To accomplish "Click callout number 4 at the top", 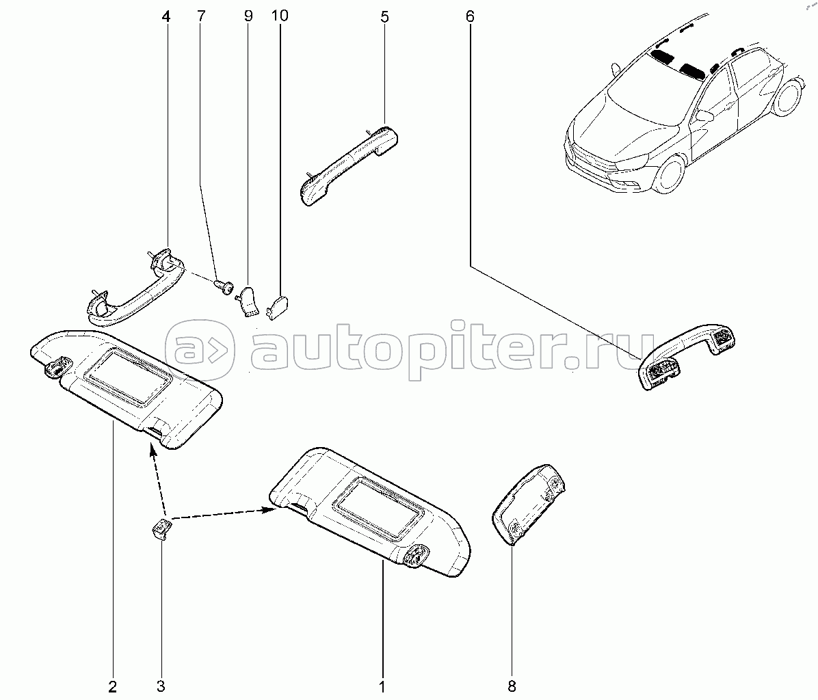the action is pyautogui.click(x=166, y=16).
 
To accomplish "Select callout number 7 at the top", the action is pyautogui.click(x=201, y=16).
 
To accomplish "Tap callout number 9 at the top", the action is pyautogui.click(x=248, y=16).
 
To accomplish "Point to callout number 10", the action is pyautogui.click(x=280, y=16).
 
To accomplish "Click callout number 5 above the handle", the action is pyautogui.click(x=384, y=16).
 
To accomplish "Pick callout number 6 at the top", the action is pyautogui.click(x=470, y=16).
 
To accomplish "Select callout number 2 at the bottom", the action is pyautogui.click(x=113, y=686).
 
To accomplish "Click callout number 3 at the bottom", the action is pyautogui.click(x=161, y=686).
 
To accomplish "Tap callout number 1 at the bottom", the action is pyautogui.click(x=382, y=686).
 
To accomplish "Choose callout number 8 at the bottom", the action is pyautogui.click(x=512, y=686).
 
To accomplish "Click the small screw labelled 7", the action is pyautogui.click(x=223, y=286).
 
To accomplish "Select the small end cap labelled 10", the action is pyautogui.click(x=278, y=306).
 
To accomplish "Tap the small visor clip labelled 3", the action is pyautogui.click(x=162, y=529).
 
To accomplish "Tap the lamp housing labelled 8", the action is pyautogui.click(x=529, y=504).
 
